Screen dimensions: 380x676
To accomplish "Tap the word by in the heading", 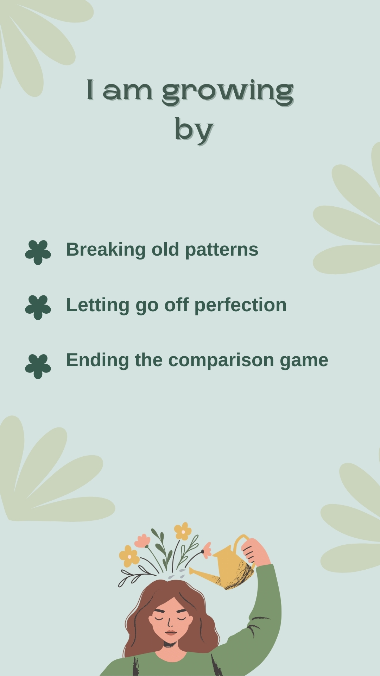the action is [194, 130].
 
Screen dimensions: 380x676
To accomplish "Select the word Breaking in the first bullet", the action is [106, 250].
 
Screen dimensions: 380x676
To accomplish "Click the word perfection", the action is [240, 305].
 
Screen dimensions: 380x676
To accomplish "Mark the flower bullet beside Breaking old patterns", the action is [38, 252].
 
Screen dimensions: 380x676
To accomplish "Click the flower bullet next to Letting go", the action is [38, 307].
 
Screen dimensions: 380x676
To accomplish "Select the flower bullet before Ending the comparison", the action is [38, 366].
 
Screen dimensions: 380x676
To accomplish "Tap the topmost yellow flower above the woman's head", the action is [183, 531].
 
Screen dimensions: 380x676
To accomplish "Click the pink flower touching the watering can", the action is [207, 550].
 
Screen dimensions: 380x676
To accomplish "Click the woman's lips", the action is [171, 633].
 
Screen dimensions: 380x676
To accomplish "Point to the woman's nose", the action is [170, 623].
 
